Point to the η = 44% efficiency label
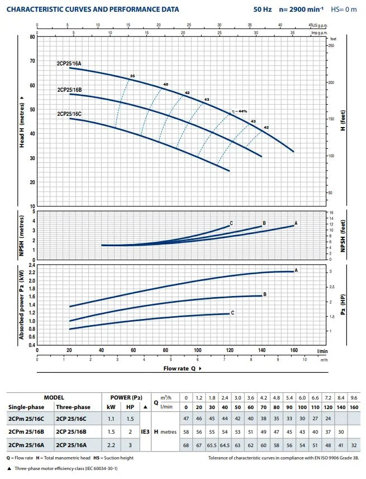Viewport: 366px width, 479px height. coord(239,112)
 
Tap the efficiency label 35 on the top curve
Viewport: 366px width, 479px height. coord(132,76)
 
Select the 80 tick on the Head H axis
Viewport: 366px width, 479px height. coord(31,37)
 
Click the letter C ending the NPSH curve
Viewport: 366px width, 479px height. coord(231,223)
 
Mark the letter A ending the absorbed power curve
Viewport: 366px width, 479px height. coord(296,270)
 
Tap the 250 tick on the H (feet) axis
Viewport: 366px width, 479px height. coord(332,46)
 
